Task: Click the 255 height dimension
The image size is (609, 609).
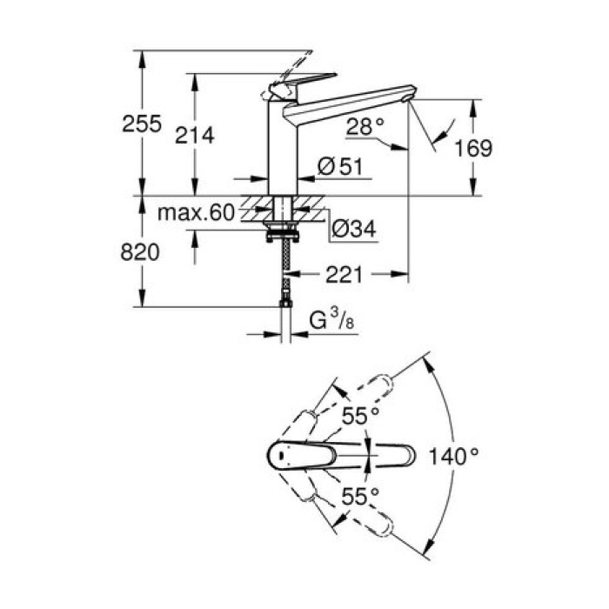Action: [142, 124]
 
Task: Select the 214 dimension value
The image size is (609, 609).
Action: [195, 134]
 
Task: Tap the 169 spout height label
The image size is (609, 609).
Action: [473, 148]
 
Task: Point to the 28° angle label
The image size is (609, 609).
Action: [365, 126]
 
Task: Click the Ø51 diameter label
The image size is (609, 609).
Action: [339, 168]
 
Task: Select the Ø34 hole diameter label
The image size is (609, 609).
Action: [354, 231]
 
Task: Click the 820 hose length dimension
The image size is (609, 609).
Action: [140, 252]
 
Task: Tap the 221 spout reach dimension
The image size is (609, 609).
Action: [346, 274]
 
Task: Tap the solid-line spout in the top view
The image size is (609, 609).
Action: [348, 454]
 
